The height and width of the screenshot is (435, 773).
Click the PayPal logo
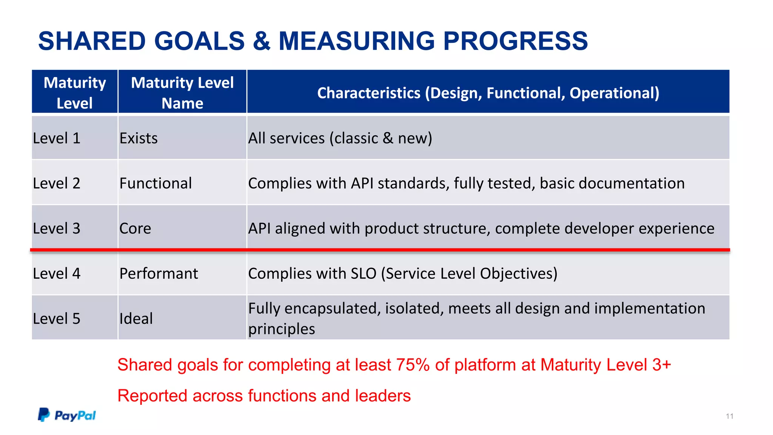click(67, 415)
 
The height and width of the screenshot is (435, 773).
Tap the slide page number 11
click(729, 416)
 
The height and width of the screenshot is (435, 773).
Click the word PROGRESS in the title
click(515, 41)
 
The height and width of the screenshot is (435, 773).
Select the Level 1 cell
click(57, 138)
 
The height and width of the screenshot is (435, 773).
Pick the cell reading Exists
click(139, 138)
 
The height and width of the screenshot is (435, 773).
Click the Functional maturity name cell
click(156, 183)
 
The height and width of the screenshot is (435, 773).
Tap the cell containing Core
click(135, 228)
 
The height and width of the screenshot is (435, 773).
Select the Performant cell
click(159, 273)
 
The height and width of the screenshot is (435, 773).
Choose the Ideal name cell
click(136, 319)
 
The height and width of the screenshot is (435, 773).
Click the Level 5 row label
click(57, 319)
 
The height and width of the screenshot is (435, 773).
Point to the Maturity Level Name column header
click(182, 93)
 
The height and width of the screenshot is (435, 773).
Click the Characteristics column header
click(488, 93)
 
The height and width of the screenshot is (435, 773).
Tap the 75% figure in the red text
click(413, 365)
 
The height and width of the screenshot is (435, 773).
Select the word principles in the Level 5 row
click(281, 329)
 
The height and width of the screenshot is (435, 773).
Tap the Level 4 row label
click(57, 273)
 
